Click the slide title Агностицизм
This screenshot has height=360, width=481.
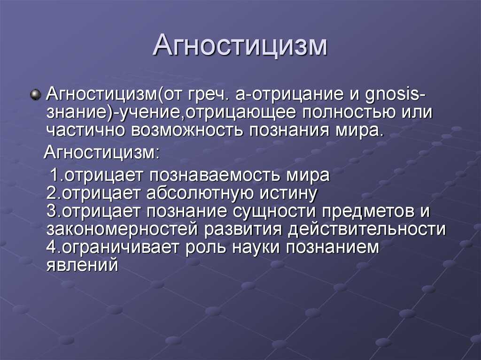tap(240, 46)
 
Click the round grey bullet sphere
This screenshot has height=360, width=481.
tap(36, 94)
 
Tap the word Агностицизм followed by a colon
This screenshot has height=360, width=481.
tap(102, 153)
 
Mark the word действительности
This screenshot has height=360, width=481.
tap(367, 230)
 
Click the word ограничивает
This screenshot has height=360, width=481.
tap(121, 247)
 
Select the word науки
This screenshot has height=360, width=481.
tap(256, 248)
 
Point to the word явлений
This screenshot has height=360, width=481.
tap(82, 265)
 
